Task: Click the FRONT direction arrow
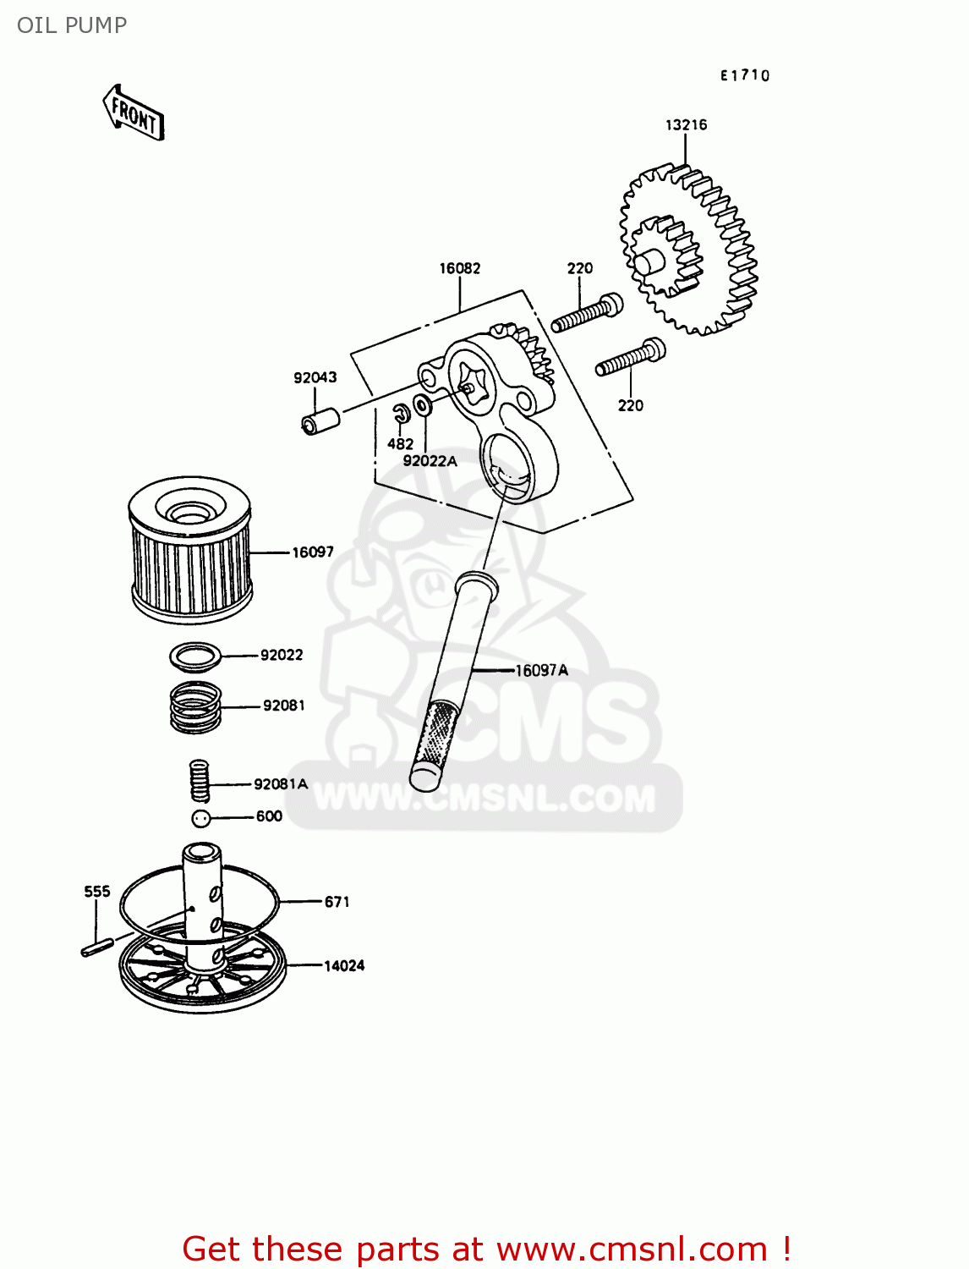coord(134,113)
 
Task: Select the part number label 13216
coord(686,125)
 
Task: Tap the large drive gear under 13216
coord(689,250)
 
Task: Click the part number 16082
coord(459,268)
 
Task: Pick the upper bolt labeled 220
coord(587,313)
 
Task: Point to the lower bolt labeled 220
coord(630,358)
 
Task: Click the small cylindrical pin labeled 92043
coord(320,420)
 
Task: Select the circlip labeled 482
coord(402,413)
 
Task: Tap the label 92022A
coord(430,461)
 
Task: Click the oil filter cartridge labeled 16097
coord(190,550)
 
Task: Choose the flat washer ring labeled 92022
coord(195,656)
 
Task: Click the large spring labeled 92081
coord(195,707)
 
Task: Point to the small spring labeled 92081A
coord(199,780)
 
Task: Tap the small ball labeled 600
coord(200,818)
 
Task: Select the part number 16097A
coord(542,671)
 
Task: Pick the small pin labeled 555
coord(97,947)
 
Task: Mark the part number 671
coord(337,902)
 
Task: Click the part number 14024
coord(344,965)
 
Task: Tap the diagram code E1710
coord(745,75)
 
